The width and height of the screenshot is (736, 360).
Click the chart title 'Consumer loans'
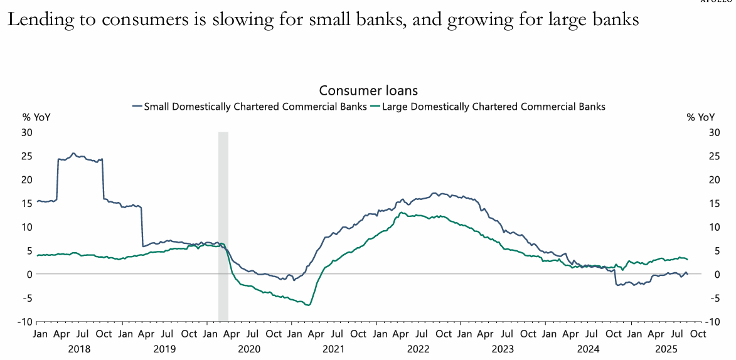pos(368,92)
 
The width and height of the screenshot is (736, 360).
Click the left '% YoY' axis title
pos(36,117)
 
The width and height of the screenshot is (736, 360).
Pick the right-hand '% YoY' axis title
pos(700,117)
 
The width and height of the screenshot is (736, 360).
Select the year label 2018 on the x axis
pos(78,348)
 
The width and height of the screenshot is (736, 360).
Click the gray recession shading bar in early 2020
pos(223,226)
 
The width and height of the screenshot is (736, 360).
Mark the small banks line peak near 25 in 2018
pos(73,153)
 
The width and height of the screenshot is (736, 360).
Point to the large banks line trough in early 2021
pos(308,305)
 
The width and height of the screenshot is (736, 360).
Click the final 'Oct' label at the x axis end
pos(698,334)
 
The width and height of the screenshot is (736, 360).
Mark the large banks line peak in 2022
pos(400,213)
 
